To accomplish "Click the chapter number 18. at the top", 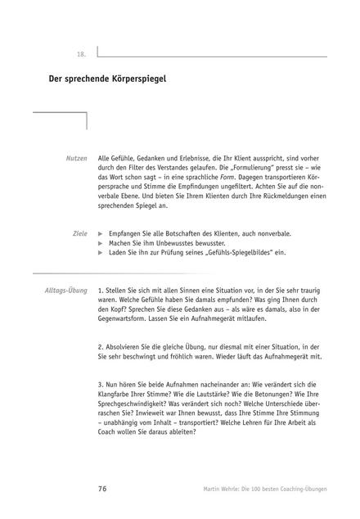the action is click(81, 54).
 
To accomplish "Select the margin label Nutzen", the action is click(77, 156).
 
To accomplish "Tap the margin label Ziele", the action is click(79, 233).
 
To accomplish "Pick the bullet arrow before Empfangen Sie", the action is click(101, 233).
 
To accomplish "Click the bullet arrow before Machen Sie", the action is click(101, 243).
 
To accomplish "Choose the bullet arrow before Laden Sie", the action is click(101, 252).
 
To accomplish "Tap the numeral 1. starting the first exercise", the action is click(100, 290).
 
